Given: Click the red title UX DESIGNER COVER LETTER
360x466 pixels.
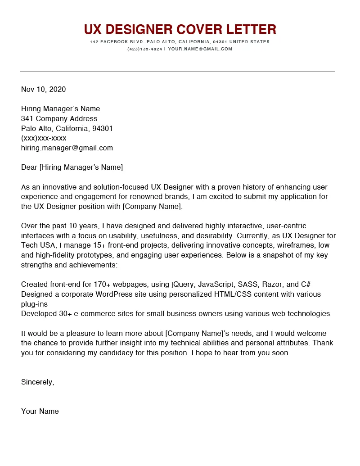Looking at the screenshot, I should (180, 30).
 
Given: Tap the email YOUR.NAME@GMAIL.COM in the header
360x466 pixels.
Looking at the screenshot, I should (200, 49).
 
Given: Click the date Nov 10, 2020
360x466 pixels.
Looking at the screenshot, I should (43, 89).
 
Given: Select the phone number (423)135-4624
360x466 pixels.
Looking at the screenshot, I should (144, 49).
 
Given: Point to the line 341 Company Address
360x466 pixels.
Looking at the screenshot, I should (59, 119).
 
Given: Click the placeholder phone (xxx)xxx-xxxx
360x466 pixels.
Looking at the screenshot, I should (44, 138).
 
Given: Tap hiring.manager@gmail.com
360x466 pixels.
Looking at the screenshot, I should (67, 148).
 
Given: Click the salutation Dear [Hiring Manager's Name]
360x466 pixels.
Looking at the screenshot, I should (72, 167).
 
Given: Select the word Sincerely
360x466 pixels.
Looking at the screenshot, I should (37, 382).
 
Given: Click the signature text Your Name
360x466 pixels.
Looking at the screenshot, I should (40, 411).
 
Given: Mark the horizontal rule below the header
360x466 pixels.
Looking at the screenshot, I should (177, 72).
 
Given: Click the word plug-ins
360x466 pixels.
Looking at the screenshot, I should (34, 304).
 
